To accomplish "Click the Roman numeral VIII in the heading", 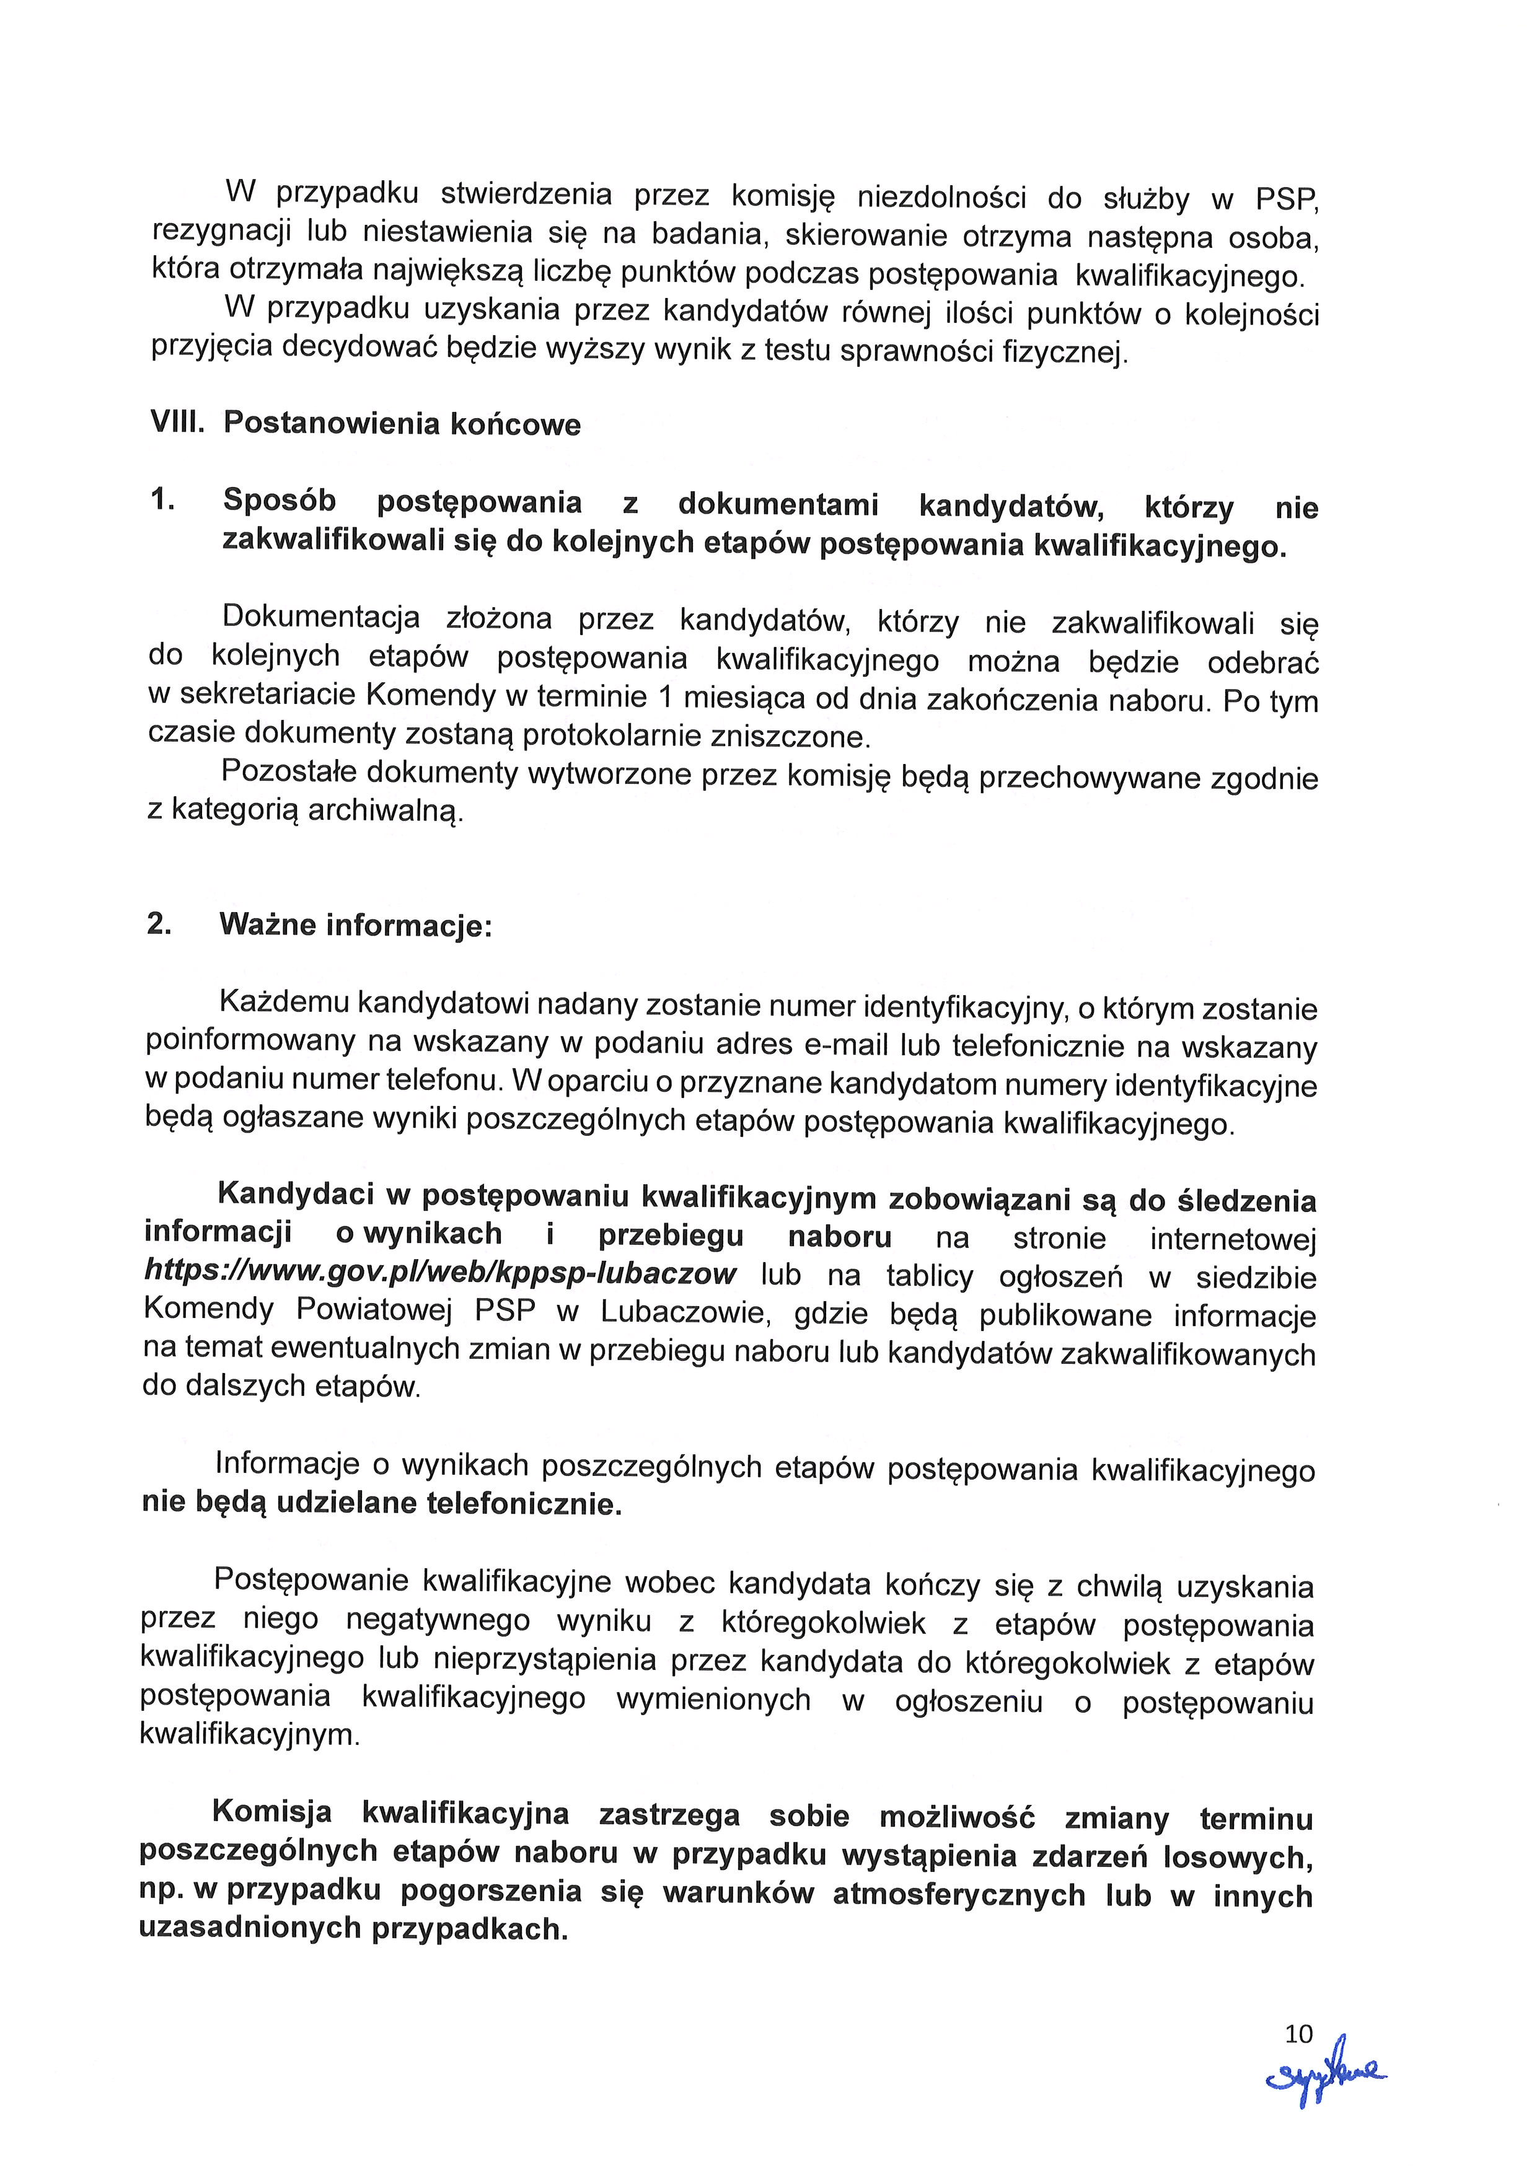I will pyautogui.click(x=178, y=421).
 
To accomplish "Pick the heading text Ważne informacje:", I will pyautogui.click(x=356, y=924).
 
